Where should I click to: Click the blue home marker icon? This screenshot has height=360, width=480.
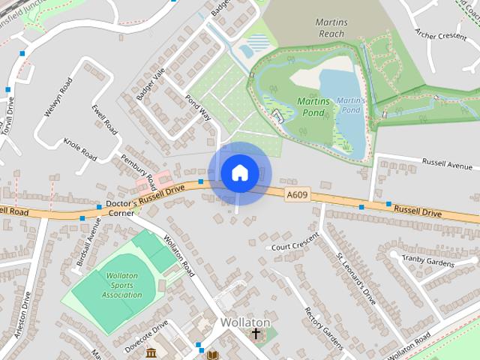[x=239, y=173]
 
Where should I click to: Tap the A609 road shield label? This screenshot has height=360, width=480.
[x=296, y=194]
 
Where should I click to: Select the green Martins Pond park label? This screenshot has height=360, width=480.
[x=314, y=106]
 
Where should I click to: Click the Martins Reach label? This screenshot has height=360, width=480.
[x=330, y=28]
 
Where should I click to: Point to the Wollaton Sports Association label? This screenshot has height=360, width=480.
[x=121, y=285]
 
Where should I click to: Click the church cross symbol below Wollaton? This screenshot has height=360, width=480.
[x=256, y=334]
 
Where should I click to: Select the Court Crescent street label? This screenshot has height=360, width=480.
[x=295, y=246]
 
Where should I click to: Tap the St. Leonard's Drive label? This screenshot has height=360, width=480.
[x=355, y=277]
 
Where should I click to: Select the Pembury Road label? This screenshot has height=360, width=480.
[x=137, y=170]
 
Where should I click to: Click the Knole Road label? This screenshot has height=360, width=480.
[x=80, y=149]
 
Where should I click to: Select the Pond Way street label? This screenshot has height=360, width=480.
[x=198, y=109]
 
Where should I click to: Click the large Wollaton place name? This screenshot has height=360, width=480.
[x=245, y=322]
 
